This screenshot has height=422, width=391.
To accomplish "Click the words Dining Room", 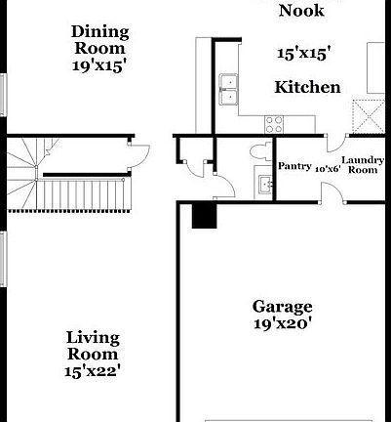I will tap(99, 39).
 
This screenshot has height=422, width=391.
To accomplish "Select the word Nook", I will tap(301, 12).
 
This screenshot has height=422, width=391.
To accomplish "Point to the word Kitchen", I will tap(307, 87).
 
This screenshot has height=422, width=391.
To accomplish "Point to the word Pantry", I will tap(294, 166).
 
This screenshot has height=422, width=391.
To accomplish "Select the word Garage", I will tap(282, 306).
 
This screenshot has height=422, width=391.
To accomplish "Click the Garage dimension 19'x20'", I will tap(282, 324).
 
